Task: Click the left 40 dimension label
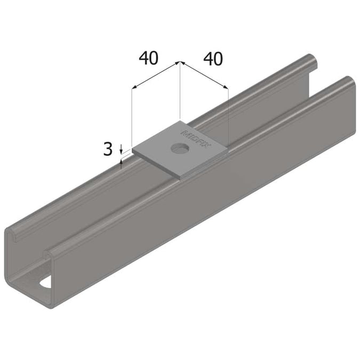[149, 58]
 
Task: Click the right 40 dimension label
[213, 59]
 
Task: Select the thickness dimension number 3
[108, 149]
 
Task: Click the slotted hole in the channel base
[46, 282]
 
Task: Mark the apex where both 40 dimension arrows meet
[180, 62]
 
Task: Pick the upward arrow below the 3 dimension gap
[122, 163]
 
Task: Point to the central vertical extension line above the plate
[180, 96]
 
